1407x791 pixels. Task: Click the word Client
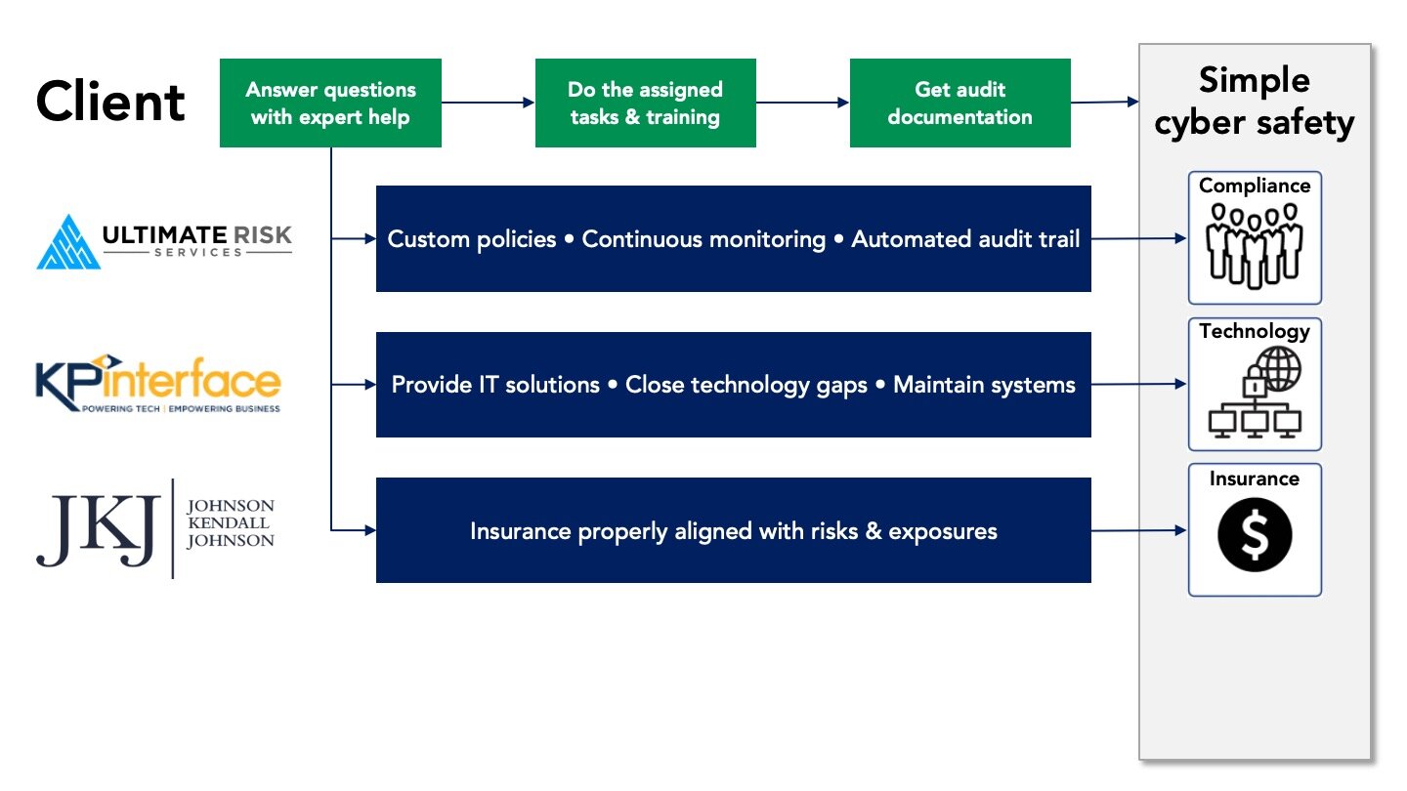pyautogui.click(x=110, y=102)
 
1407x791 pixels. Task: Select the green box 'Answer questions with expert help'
pyautogui.click(x=330, y=103)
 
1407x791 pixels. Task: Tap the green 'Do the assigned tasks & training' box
pyautogui.click(x=646, y=103)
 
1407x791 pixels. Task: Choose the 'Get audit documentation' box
pyautogui.click(x=960, y=103)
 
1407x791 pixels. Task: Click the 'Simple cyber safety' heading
pyautogui.click(x=1255, y=102)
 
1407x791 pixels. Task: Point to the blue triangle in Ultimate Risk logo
pyautogui.click(x=68, y=242)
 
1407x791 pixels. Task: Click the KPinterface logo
pyautogui.click(x=157, y=383)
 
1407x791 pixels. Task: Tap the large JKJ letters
pyautogui.click(x=98, y=530)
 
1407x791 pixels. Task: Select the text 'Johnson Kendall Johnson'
pyautogui.click(x=230, y=523)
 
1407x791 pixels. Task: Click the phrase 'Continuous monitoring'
pyautogui.click(x=703, y=239)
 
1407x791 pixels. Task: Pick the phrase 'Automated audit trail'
pyautogui.click(x=965, y=239)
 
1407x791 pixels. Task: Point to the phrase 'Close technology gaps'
pyautogui.click(x=746, y=385)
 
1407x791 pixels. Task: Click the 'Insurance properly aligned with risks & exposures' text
pyautogui.click(x=734, y=531)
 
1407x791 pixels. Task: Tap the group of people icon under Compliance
pyautogui.click(x=1255, y=245)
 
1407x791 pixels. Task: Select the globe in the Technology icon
pyautogui.click(x=1280, y=369)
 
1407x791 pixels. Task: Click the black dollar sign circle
pyautogui.click(x=1255, y=534)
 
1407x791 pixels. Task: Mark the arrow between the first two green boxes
pyautogui.click(x=489, y=103)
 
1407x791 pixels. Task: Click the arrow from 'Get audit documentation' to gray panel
pyautogui.click(x=1105, y=102)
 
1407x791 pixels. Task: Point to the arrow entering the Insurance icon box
pyautogui.click(x=1139, y=530)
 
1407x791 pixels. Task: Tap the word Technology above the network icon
pyautogui.click(x=1255, y=331)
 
